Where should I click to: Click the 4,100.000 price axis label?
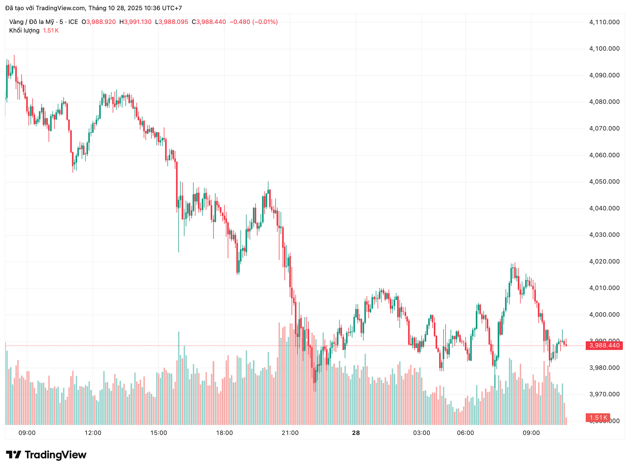tap(604, 49)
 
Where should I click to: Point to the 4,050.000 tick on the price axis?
tap(604, 182)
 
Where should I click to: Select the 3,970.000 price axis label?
tap(604, 394)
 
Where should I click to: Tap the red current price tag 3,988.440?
tap(604, 345)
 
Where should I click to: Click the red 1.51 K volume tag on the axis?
tap(598, 418)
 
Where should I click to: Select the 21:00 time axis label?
tap(290, 433)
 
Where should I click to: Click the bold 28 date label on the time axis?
tap(356, 433)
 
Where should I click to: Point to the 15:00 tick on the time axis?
tap(158, 433)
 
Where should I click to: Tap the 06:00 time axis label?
tap(465, 433)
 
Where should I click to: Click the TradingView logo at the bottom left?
tap(46, 455)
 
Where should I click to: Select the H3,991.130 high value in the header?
tap(135, 22)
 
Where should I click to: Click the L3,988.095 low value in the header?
tap(171, 22)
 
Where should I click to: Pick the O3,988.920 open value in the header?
tap(98, 22)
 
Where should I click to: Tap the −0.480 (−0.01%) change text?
tap(253, 22)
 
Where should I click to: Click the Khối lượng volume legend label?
tap(24, 31)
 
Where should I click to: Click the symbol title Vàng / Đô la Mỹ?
tap(31, 22)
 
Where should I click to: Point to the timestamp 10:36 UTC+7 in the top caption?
tap(163, 8)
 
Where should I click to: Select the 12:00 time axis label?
tap(93, 433)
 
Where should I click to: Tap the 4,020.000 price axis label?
tap(604, 261)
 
